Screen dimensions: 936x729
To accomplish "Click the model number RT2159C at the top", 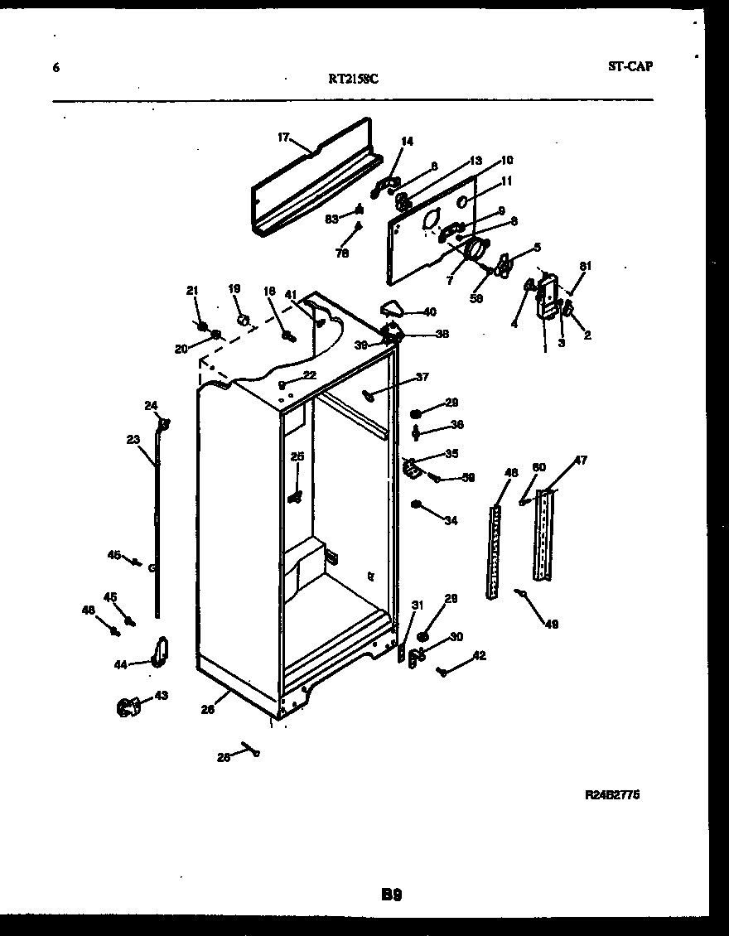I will (x=354, y=80).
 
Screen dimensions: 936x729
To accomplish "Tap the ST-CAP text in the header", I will (x=630, y=66).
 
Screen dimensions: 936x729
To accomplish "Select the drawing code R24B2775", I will (x=612, y=794).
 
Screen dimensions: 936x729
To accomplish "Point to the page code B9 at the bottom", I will (x=392, y=895).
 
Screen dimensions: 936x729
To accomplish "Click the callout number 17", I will (x=282, y=138).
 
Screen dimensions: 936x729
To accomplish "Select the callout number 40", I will (x=429, y=312).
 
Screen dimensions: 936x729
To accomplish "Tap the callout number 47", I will (x=581, y=460).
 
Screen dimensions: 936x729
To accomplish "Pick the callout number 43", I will (x=161, y=696).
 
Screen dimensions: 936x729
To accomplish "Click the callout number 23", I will (x=133, y=440).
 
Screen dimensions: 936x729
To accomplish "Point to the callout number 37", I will (x=422, y=377).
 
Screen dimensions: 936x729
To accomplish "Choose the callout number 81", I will (x=586, y=266).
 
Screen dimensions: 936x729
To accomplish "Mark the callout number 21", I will (x=192, y=290).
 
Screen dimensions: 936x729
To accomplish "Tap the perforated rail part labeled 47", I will (x=543, y=534).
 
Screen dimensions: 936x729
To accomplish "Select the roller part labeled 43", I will (x=127, y=707).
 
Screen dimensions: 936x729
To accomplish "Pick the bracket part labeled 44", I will (x=159, y=651).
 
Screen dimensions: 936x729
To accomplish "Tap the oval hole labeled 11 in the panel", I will (x=466, y=202).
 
